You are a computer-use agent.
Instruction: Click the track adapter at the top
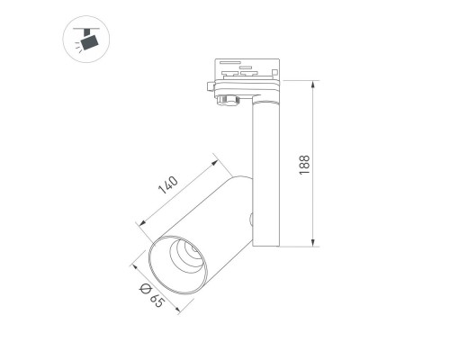243,76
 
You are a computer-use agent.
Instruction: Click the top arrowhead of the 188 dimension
313,85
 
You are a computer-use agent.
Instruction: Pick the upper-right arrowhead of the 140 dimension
217,163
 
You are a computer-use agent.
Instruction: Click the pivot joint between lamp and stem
252,216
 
